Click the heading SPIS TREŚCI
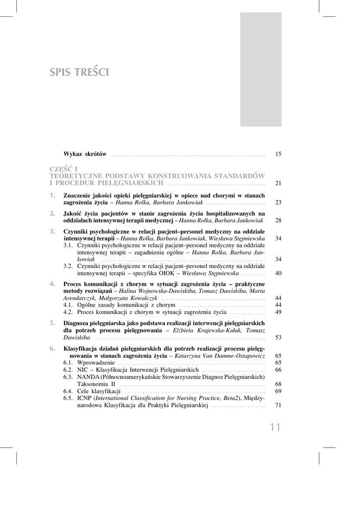click(x=79, y=72)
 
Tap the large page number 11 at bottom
click(x=276, y=428)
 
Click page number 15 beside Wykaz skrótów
click(x=278, y=154)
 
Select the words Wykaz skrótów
click(x=85, y=154)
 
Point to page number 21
click(x=278, y=183)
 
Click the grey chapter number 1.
click(x=53, y=195)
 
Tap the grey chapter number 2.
click(x=53, y=213)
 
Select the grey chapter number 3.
click(x=53, y=231)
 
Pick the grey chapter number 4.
click(x=53, y=283)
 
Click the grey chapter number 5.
click(x=53, y=322)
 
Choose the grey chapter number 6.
click(x=53, y=348)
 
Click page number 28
click(x=278, y=220)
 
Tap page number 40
click(x=278, y=273)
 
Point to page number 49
click(x=278, y=312)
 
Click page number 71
click(x=278, y=405)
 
